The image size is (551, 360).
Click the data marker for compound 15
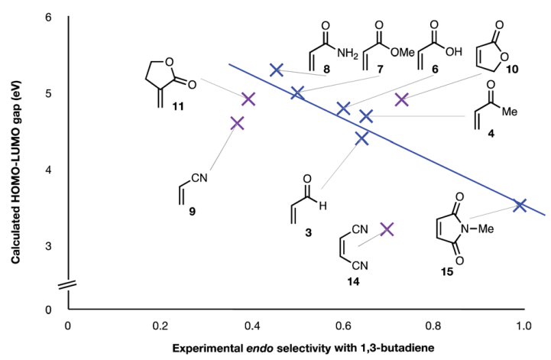[520, 205]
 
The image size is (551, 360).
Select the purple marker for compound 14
[387, 229]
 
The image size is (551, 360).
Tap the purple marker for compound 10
[401, 100]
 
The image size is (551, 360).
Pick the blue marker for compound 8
[277, 70]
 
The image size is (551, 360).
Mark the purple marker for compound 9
[237, 123]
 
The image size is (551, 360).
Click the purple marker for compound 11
[248, 99]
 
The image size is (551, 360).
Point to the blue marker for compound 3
[361, 138]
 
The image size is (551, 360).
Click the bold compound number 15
[447, 272]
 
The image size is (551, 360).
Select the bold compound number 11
[178, 106]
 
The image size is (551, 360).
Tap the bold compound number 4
[491, 134]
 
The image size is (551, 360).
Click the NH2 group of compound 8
[347, 54]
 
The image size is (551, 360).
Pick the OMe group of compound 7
[402, 53]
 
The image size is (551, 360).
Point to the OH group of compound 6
[454, 52]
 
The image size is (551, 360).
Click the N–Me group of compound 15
[477, 229]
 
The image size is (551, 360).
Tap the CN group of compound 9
[199, 178]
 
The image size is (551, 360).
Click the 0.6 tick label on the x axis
[343, 326]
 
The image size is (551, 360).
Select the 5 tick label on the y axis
[48, 93]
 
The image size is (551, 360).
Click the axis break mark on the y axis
[67, 284]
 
